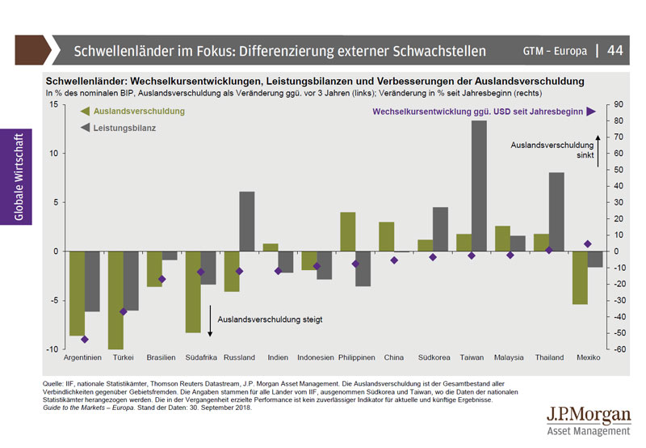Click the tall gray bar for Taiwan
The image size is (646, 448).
pos(478,186)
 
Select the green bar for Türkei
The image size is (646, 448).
pos(115,300)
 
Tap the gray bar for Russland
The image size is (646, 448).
pos(247,221)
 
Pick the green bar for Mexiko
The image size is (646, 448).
pos(580,277)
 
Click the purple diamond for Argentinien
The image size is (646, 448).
pos(85,339)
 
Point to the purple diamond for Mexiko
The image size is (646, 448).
pos(588,243)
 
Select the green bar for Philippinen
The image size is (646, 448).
pos(348,231)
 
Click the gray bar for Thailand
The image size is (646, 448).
pos(556,211)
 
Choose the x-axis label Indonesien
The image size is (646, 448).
pos(316,357)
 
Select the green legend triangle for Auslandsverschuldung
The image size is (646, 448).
pos(85,112)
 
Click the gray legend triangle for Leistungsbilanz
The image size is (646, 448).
pos(85,128)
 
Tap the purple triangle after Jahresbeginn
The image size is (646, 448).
pos(591,112)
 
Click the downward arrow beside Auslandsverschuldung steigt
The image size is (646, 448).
pos(210,320)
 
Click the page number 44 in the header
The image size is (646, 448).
pos(615,50)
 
